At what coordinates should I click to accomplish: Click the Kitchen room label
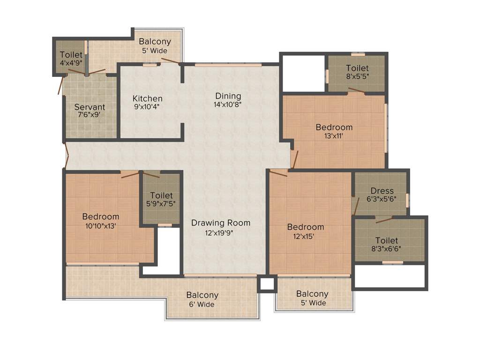(147, 98)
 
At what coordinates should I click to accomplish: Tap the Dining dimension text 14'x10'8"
(228, 105)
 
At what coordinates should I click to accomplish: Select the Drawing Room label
(220, 223)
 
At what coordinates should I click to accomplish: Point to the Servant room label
(90, 107)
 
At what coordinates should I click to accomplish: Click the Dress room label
(382, 191)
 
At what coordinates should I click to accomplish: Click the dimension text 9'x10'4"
(147, 106)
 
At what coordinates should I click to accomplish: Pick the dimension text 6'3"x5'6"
(382, 198)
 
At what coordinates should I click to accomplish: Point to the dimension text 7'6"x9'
(90, 114)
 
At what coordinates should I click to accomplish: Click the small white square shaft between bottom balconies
(267, 284)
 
